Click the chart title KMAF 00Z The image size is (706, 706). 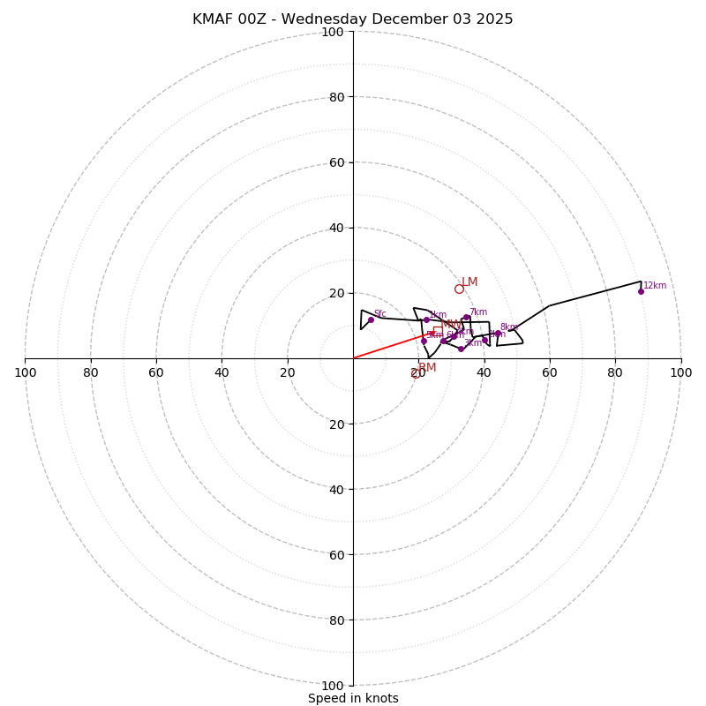352,19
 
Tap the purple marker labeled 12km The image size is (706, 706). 641,291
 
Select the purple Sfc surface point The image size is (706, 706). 371,319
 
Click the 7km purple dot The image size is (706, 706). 466,318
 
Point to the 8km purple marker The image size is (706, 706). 498,334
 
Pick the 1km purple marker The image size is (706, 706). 426,319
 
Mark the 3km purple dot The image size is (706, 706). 461,349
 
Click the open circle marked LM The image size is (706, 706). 459,289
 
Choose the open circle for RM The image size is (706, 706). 417,373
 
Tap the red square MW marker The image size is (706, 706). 438,331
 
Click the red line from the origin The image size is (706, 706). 388,346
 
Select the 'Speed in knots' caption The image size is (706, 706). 353,698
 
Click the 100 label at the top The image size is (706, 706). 333,32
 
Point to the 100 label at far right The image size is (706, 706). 680,372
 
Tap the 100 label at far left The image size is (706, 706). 26,372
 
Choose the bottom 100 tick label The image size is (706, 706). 333,686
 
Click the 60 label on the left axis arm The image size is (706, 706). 156,372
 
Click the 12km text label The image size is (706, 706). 655,286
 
